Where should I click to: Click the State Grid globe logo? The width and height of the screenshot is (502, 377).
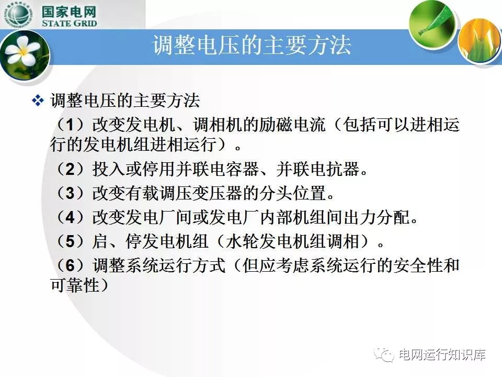18,15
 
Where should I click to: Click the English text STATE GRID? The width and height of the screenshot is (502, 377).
69,23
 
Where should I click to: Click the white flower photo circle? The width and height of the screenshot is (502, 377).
25,55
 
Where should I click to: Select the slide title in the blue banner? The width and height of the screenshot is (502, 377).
252,45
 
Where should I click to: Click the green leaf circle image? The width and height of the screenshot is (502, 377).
432,25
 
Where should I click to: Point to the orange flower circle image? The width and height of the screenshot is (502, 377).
480,40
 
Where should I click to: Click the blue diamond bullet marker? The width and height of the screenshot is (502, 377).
38,101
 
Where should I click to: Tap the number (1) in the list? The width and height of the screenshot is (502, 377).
70,125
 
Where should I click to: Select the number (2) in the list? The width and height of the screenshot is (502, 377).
70,169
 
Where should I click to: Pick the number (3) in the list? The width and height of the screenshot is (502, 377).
70,193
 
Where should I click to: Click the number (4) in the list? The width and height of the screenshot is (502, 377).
70,217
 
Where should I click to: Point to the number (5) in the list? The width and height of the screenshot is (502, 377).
70,241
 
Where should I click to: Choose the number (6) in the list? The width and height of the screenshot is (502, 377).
70,265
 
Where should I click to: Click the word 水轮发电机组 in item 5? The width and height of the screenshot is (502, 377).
276,241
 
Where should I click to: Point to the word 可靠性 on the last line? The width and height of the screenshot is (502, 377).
75,285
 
